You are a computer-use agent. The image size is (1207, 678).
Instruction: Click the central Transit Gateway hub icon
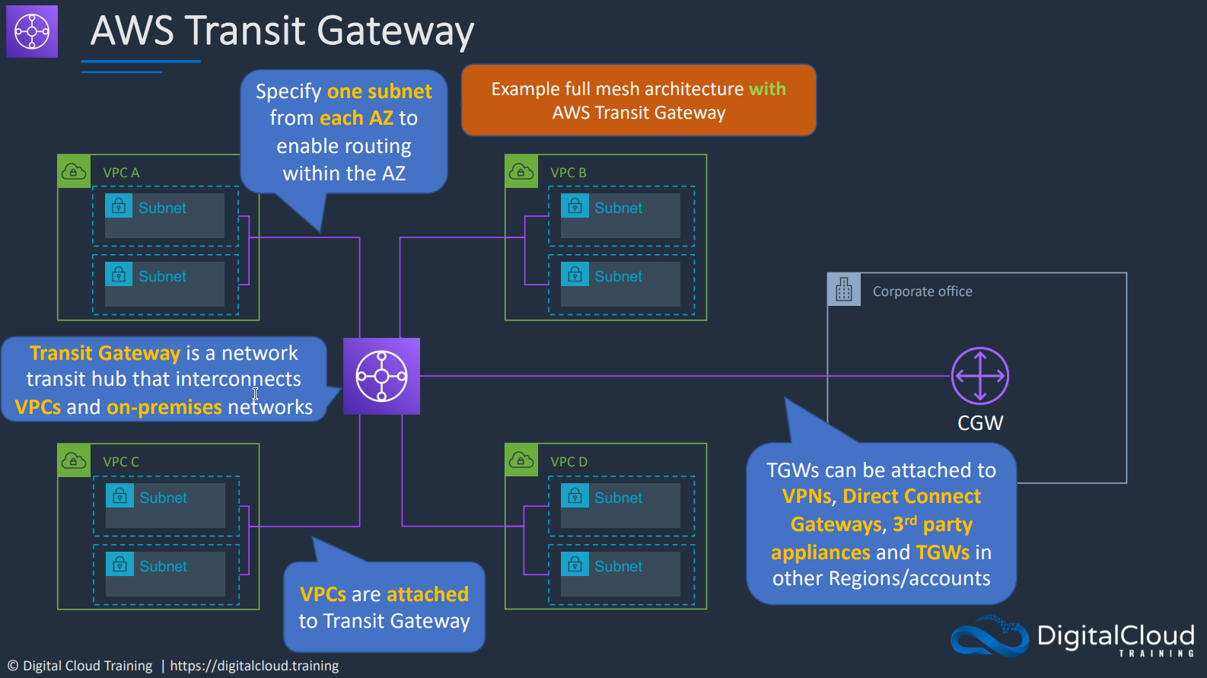pyautogui.click(x=381, y=376)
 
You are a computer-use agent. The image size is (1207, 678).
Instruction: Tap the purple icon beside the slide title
pyautogui.click(x=32, y=31)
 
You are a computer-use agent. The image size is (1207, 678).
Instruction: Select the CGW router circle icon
pyautogui.click(x=979, y=376)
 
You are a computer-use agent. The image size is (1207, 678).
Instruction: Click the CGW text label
pyautogui.click(x=980, y=423)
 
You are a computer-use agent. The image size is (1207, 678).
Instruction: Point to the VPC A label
pyautogui.click(x=121, y=173)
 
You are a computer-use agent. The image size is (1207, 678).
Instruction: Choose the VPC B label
pyautogui.click(x=568, y=173)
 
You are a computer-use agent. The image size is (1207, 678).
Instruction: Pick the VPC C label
pyautogui.click(x=121, y=462)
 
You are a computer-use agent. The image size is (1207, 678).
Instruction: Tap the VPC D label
pyautogui.click(x=569, y=462)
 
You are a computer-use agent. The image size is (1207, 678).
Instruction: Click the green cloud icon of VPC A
pyautogui.click(x=74, y=171)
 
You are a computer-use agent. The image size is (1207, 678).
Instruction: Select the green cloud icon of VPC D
pyautogui.click(x=521, y=460)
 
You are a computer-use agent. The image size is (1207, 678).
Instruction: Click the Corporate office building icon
pyautogui.click(x=844, y=289)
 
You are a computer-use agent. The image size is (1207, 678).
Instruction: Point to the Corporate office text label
pyautogui.click(x=922, y=291)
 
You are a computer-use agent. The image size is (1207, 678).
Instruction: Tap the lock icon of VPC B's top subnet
pyautogui.click(x=575, y=206)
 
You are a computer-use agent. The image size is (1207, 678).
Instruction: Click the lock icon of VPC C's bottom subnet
pyautogui.click(x=119, y=565)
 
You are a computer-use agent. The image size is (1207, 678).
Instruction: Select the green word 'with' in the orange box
pyautogui.click(x=767, y=89)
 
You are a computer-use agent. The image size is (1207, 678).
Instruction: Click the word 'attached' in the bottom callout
pyautogui.click(x=427, y=594)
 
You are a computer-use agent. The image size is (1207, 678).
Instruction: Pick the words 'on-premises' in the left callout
pyautogui.click(x=164, y=407)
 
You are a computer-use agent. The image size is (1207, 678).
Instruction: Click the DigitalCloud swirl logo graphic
pyautogui.click(x=989, y=636)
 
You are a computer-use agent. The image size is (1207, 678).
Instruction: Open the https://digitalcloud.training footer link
pyautogui.click(x=254, y=666)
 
